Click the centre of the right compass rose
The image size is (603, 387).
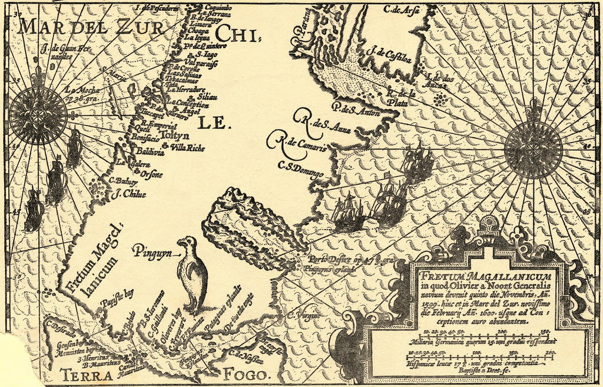coord(533,149)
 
